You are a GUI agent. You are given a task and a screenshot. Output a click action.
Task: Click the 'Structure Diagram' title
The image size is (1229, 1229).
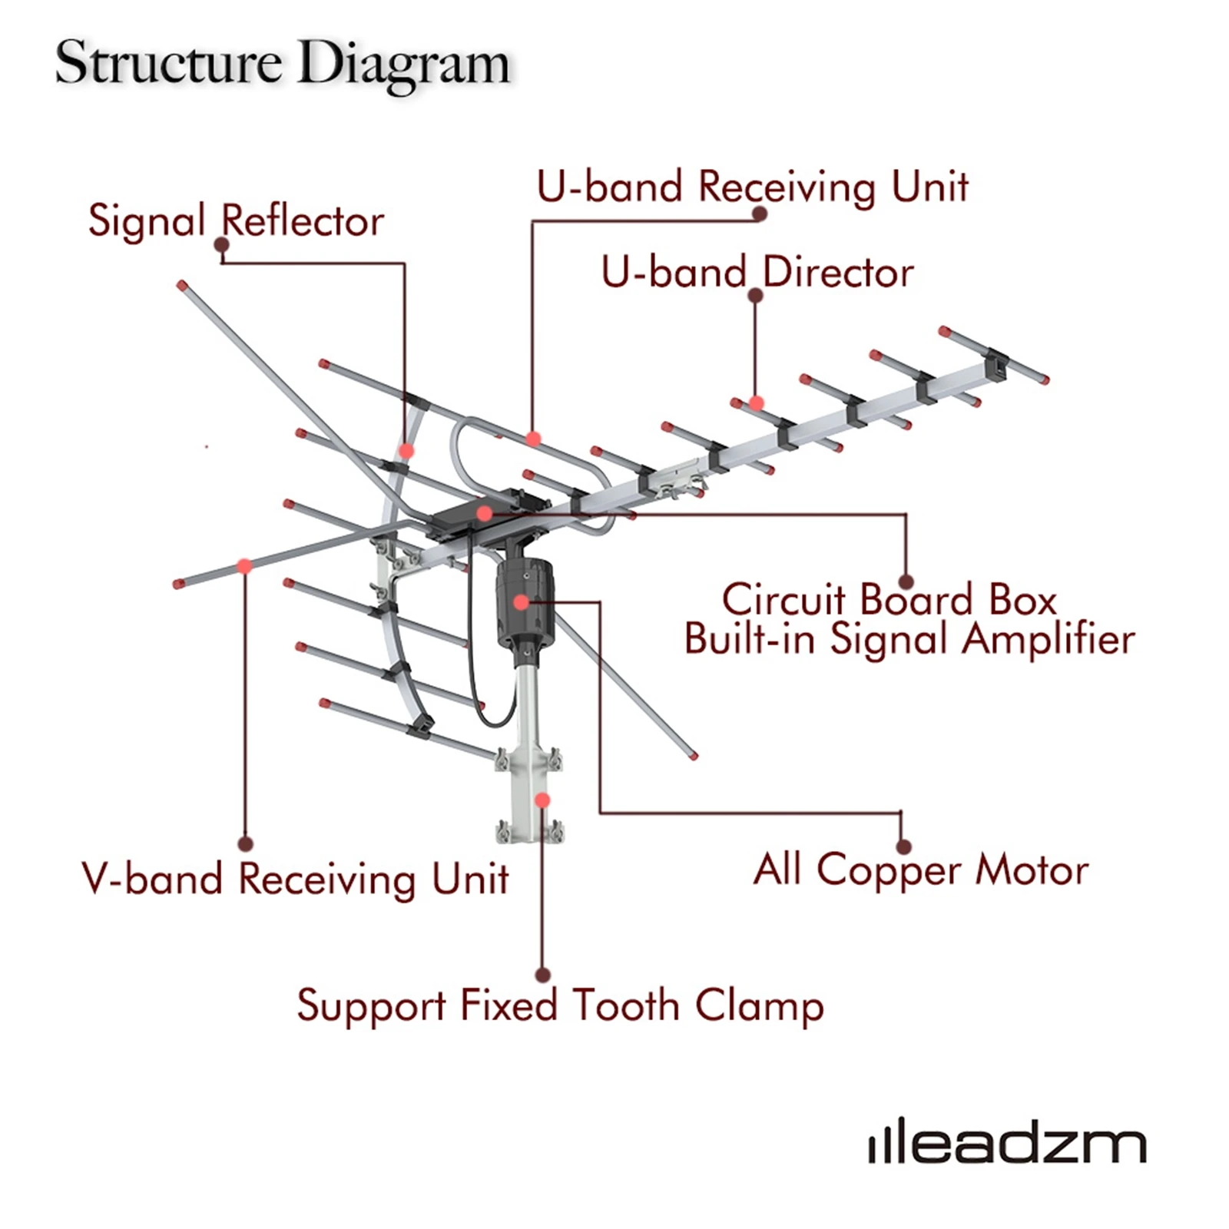click(x=282, y=64)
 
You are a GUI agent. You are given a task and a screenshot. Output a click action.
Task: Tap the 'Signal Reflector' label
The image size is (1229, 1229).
click(x=236, y=221)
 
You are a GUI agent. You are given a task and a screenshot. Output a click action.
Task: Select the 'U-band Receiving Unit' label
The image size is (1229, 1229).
click(x=752, y=187)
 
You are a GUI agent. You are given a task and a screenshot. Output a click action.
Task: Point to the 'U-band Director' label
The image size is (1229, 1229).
click(x=757, y=272)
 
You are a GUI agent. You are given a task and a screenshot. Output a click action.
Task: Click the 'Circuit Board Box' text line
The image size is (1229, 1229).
click(x=889, y=599)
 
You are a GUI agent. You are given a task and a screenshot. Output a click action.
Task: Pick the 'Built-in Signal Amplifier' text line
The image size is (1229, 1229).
click(x=909, y=639)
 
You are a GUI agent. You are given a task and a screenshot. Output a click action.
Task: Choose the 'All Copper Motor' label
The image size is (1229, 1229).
click(x=920, y=870)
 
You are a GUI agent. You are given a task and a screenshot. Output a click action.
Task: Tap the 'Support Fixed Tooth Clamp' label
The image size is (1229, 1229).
click(x=560, y=1005)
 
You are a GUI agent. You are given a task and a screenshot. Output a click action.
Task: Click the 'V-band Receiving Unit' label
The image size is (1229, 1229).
click(x=295, y=879)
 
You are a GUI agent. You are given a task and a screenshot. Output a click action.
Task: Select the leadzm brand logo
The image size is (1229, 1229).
click(x=1007, y=1145)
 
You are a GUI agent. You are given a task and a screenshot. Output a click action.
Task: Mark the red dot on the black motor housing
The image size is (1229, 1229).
click(x=522, y=603)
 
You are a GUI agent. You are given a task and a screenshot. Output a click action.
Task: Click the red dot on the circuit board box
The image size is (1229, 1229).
click(x=484, y=513)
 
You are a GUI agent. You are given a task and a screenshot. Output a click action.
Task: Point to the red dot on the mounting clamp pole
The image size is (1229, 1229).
click(x=542, y=800)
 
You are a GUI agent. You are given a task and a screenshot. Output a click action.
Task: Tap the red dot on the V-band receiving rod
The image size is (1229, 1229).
click(x=244, y=567)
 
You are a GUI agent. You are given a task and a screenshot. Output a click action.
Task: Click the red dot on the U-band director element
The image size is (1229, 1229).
click(x=757, y=402)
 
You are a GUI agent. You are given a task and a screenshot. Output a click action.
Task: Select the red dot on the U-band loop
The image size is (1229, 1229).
click(x=533, y=439)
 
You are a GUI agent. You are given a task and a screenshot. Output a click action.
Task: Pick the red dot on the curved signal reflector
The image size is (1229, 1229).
click(x=406, y=451)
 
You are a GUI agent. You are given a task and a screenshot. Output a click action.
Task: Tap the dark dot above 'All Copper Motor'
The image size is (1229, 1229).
click(x=903, y=846)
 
